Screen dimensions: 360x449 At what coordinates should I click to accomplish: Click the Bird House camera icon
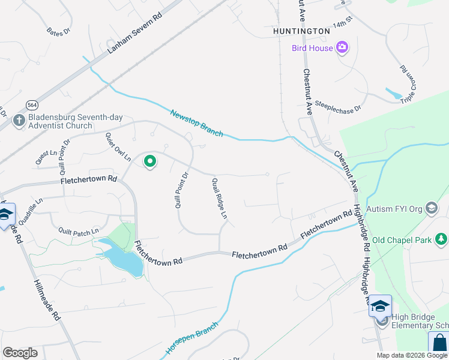pos(343,47)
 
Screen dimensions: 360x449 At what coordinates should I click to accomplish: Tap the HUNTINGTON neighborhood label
pos(301,31)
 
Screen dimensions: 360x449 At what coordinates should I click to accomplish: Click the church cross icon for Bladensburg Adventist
pos(19,121)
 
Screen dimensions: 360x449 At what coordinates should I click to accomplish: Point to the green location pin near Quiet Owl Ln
pos(149,161)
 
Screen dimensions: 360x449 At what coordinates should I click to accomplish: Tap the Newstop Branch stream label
pos(196,123)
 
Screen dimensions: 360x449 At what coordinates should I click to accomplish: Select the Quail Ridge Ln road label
pos(220,198)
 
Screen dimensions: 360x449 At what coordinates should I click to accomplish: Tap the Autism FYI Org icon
pos(431,208)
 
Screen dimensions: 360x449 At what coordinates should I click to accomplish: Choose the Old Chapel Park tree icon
pos(442,240)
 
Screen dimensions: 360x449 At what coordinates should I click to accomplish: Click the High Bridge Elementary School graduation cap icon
pos(380,306)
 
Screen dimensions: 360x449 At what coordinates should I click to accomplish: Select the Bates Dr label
pos(58,30)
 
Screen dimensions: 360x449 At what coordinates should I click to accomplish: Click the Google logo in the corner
pos(20,353)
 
